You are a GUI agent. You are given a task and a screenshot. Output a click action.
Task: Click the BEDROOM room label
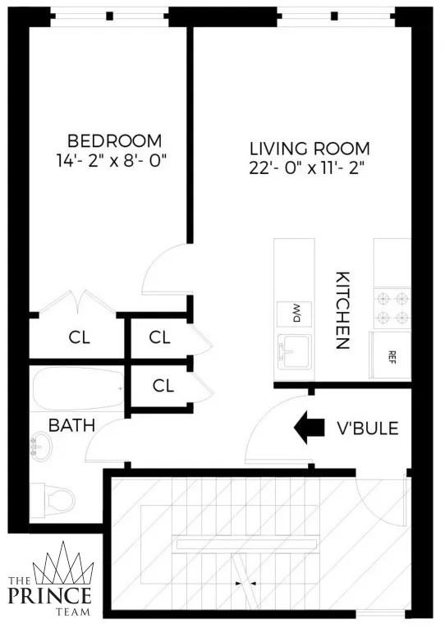[x=114, y=140]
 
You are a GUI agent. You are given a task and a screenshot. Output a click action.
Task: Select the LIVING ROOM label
[x=310, y=149]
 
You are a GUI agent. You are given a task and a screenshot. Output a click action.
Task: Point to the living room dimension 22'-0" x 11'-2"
[x=310, y=170]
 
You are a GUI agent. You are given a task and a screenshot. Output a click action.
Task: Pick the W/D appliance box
[x=293, y=312]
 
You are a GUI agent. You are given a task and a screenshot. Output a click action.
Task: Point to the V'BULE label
[x=368, y=428]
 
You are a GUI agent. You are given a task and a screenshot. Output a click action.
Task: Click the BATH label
[x=71, y=425]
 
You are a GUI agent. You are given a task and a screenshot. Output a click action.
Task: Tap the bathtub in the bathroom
[x=77, y=389]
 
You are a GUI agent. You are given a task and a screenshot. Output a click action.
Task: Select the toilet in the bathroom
[x=53, y=497]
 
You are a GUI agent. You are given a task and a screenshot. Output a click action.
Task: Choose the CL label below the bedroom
[x=80, y=337]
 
